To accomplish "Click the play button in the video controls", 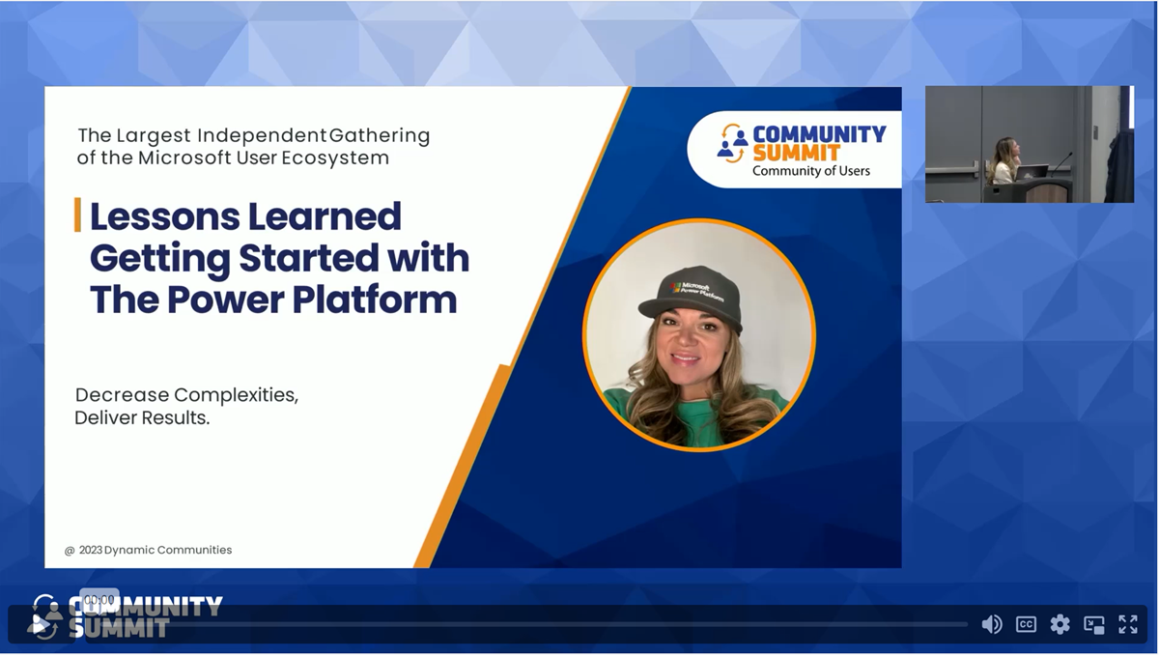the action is (x=41, y=625).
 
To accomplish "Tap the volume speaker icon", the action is (x=991, y=624).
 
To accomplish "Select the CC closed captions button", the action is (x=1026, y=624).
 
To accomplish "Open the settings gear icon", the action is (x=1060, y=624).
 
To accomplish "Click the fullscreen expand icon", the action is (x=1127, y=624).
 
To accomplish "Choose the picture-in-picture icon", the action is (x=1093, y=624).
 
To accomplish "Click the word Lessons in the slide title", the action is (x=165, y=216).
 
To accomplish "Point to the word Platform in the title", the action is (x=374, y=300).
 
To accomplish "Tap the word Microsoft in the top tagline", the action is (x=184, y=157).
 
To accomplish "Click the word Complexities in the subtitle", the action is (x=236, y=395).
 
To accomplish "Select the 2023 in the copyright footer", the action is (x=90, y=550).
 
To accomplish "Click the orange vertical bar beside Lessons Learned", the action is (x=77, y=214).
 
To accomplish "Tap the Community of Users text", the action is (x=810, y=171).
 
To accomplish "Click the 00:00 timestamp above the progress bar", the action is (x=99, y=600).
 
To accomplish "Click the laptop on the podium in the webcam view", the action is (x=1032, y=172).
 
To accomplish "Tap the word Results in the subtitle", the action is (x=176, y=417).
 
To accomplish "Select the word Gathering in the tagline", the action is (x=380, y=135).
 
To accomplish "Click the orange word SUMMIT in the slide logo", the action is (x=796, y=154).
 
